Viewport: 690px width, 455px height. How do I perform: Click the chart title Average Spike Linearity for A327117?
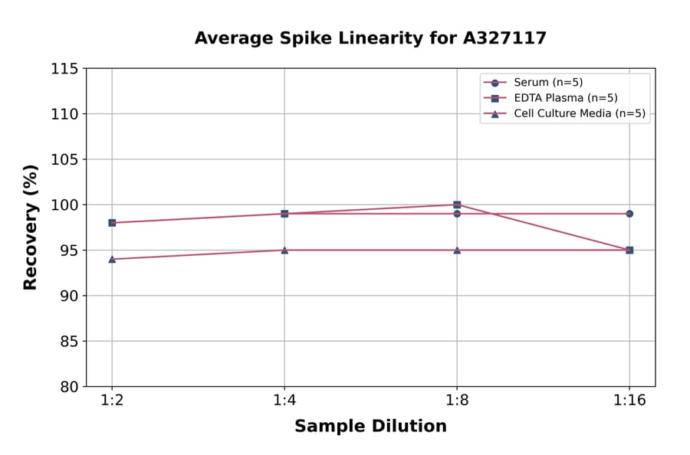(x=370, y=38)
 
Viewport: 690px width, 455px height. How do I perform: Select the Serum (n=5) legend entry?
(x=542, y=83)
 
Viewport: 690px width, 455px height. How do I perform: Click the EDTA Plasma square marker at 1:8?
(x=457, y=205)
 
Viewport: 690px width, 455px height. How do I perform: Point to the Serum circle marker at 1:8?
(x=457, y=214)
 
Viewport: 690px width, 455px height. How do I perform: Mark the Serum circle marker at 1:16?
(x=629, y=214)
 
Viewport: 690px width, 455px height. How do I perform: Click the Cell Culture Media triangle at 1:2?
(x=112, y=259)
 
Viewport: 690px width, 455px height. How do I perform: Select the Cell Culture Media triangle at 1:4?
(x=284, y=250)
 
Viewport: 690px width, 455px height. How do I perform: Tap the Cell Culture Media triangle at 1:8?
(x=457, y=250)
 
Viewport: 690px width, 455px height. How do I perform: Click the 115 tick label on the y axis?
(x=64, y=69)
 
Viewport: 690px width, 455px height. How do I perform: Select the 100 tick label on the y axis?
(x=64, y=205)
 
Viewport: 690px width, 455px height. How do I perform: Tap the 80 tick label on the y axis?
(x=69, y=387)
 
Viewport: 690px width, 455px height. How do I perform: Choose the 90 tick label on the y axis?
(x=69, y=296)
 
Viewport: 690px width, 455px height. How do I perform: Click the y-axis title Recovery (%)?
(x=31, y=227)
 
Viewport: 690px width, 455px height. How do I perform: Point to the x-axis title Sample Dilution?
(x=370, y=427)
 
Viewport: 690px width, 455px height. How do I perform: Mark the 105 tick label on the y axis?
(x=64, y=159)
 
